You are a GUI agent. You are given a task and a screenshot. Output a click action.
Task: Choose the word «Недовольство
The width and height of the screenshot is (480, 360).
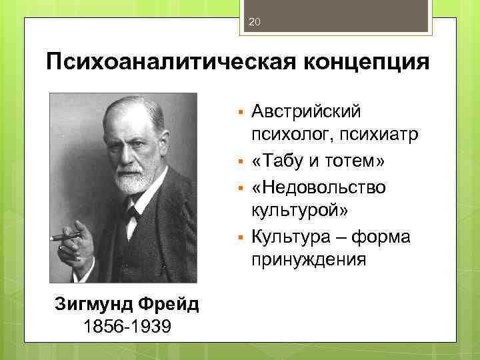tap(319, 187)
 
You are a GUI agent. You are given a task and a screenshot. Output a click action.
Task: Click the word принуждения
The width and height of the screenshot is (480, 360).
tap(309, 258)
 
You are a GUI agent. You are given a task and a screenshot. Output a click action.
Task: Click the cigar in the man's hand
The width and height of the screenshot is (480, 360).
tap(65, 235)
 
